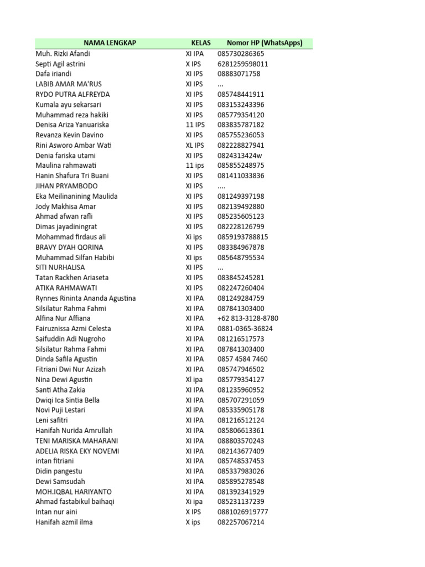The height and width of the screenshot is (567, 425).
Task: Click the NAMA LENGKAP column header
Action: (x=110, y=43)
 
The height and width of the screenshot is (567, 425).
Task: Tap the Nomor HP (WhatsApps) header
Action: (x=265, y=43)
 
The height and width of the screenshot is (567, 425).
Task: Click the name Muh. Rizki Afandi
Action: (x=63, y=54)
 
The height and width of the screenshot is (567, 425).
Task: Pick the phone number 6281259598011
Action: (x=243, y=64)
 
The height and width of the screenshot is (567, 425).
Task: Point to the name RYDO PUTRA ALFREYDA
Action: (x=72, y=94)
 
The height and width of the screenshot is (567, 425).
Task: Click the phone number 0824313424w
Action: (x=240, y=156)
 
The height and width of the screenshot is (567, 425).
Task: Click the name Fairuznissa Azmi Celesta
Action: (x=73, y=328)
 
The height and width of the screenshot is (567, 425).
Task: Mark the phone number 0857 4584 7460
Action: (x=242, y=359)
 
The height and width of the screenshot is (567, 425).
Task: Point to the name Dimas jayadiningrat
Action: (x=66, y=226)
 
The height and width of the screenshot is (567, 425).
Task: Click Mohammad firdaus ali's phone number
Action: (x=243, y=237)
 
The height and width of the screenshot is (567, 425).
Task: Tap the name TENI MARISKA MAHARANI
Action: (x=76, y=441)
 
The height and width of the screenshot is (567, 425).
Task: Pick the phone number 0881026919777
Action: (x=243, y=512)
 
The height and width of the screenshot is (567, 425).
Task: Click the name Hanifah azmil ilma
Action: (x=64, y=522)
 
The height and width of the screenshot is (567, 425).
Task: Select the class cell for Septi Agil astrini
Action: (x=194, y=64)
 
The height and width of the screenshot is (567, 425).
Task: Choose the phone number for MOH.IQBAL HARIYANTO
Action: (x=241, y=492)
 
